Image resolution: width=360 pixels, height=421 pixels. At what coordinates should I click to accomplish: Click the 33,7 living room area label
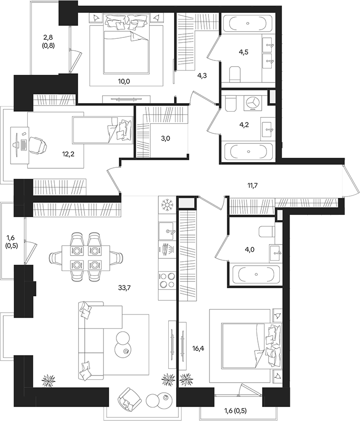point(124,288)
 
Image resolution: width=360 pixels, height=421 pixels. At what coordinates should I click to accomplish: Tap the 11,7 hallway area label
point(253,185)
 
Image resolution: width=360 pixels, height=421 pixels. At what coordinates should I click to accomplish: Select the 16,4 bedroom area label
point(198,349)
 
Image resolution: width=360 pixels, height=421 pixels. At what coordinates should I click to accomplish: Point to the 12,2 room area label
point(68,154)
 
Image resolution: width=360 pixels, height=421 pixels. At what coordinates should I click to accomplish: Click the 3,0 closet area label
point(166,139)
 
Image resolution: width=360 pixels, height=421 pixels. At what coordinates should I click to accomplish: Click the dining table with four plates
point(86,258)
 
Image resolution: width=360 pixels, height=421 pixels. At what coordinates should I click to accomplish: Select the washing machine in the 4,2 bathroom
point(252,103)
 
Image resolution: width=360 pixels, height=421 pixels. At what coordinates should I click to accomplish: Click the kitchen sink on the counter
point(167,231)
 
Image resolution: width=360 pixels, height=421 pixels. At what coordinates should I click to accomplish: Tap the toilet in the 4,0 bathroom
point(267,232)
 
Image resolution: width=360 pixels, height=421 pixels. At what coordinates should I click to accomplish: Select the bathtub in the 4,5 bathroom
point(248,23)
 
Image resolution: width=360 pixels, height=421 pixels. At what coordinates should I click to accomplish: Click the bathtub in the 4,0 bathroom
point(256,274)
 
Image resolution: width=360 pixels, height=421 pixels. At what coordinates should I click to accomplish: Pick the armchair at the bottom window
point(129,399)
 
